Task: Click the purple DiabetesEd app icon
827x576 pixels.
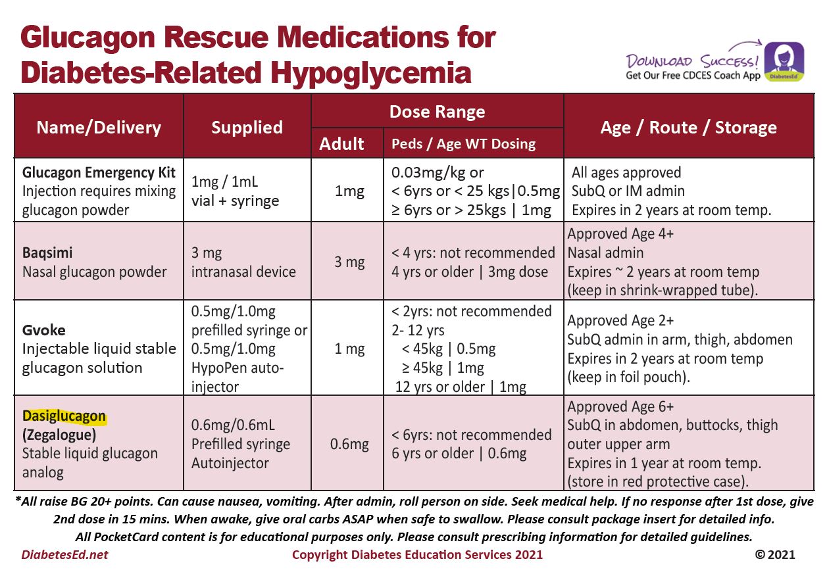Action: [784, 62]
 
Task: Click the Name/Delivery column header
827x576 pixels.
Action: [99, 127]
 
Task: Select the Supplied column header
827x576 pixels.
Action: [247, 128]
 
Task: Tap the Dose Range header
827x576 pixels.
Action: [437, 112]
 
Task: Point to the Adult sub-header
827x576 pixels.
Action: [341, 143]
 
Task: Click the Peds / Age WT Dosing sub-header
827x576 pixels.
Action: [463, 144]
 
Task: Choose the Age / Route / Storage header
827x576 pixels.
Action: [688, 127]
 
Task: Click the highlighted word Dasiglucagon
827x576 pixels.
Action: [64, 416]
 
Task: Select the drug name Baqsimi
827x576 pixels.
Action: [47, 253]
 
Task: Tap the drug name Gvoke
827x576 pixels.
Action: [43, 330]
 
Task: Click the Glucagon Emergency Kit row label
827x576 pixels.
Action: [99, 173]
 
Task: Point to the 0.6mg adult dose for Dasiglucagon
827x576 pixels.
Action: [349, 444]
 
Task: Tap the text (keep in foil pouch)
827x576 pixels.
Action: [634, 377]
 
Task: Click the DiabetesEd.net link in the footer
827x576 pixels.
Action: [64, 554]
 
